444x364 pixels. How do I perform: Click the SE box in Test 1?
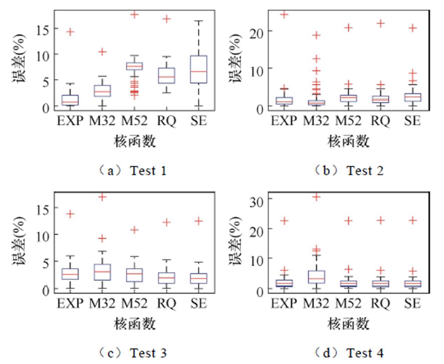(199, 69)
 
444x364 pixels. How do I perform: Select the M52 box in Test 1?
(135, 66)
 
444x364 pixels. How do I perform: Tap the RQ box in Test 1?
(167, 75)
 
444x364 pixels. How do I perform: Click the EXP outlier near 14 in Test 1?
(70, 32)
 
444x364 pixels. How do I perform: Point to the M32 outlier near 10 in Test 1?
(102, 52)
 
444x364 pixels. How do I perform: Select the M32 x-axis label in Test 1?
(102, 121)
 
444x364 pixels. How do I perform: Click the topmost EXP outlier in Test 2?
(284, 14)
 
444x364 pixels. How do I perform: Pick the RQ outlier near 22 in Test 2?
(380, 23)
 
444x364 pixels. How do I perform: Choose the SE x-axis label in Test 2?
(413, 121)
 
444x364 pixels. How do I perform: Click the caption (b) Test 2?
(349, 170)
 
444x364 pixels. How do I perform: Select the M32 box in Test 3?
(102, 272)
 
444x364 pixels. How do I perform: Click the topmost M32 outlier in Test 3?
(102, 197)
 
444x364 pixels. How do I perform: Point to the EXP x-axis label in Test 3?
(70, 303)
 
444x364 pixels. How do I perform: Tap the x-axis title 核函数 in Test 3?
(135, 323)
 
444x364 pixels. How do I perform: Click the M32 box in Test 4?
(316, 277)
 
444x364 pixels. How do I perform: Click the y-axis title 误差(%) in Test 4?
(235, 241)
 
